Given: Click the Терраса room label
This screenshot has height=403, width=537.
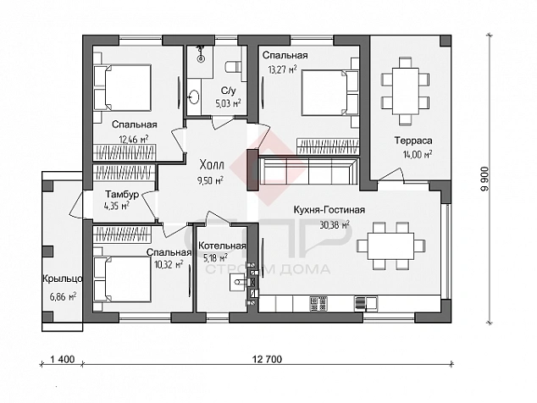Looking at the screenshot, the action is click(413, 141).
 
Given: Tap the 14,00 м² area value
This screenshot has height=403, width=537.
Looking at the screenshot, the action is click(418, 154).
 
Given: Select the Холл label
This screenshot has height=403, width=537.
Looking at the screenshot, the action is click(212, 165).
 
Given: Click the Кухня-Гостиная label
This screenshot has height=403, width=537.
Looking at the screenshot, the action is click(329, 210).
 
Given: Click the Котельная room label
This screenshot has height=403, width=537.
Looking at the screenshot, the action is click(222, 246).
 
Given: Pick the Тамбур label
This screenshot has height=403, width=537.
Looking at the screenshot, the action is click(122, 195).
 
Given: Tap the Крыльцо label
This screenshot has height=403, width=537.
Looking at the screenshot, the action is click(63, 279).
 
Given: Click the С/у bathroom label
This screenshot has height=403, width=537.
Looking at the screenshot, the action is click(228, 91).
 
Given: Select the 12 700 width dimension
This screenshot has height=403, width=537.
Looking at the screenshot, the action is click(267, 359).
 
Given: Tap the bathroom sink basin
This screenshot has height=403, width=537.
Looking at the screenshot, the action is click(194, 97).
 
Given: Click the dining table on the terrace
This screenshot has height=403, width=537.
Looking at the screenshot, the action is click(405, 91).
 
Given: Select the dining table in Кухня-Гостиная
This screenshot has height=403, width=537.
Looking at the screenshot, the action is click(390, 246).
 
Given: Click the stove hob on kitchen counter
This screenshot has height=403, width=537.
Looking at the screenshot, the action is click(318, 304).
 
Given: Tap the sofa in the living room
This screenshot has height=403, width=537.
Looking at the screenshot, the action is click(307, 170).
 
